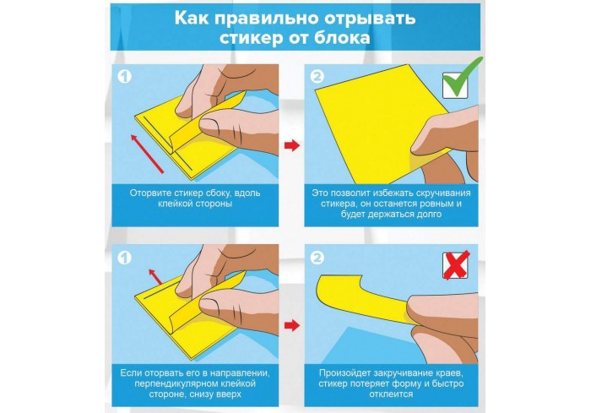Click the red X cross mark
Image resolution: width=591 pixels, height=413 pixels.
click(456, 264)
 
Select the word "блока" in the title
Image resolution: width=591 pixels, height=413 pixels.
click(344, 38)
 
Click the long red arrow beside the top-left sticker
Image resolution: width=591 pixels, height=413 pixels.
click(147, 153)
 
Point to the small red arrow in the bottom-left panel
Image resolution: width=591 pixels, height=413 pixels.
click(155, 276)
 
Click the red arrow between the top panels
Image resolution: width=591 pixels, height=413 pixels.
click(292, 145)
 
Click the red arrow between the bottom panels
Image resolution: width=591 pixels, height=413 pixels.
click(292, 325)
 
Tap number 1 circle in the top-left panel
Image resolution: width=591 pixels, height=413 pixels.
click(124, 77)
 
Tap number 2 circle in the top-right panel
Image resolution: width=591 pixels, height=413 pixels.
click(317, 77)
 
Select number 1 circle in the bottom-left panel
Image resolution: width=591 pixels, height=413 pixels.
click(124, 258)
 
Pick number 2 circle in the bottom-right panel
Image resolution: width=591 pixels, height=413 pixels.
click(317, 258)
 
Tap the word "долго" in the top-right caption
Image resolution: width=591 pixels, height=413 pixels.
click(429, 215)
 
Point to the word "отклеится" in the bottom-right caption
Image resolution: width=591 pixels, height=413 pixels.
click(391, 394)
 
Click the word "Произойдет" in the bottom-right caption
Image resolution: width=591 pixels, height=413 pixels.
click(344, 373)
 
